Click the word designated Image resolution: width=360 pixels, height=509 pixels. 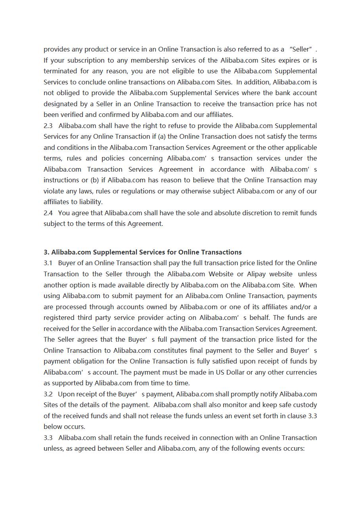pyautogui.click(x=60, y=104)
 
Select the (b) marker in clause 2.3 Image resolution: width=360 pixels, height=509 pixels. pyautogui.click(x=94, y=180)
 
